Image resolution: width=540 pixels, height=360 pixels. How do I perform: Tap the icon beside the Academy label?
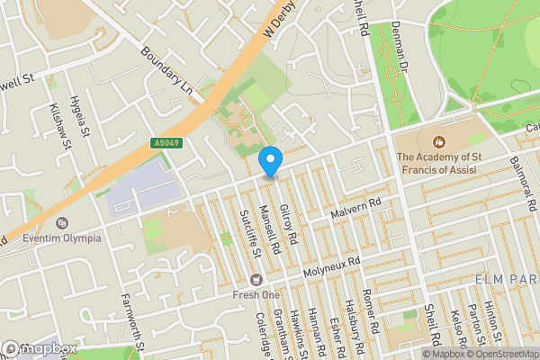[439, 142]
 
